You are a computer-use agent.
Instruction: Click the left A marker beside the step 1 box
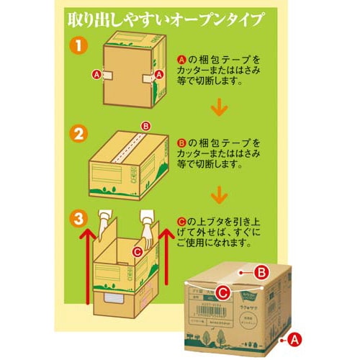pos(96,73)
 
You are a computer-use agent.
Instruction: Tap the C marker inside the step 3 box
pos(138,253)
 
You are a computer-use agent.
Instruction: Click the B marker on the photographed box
pos(262,271)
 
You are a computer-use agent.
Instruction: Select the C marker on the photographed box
pos(223,293)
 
